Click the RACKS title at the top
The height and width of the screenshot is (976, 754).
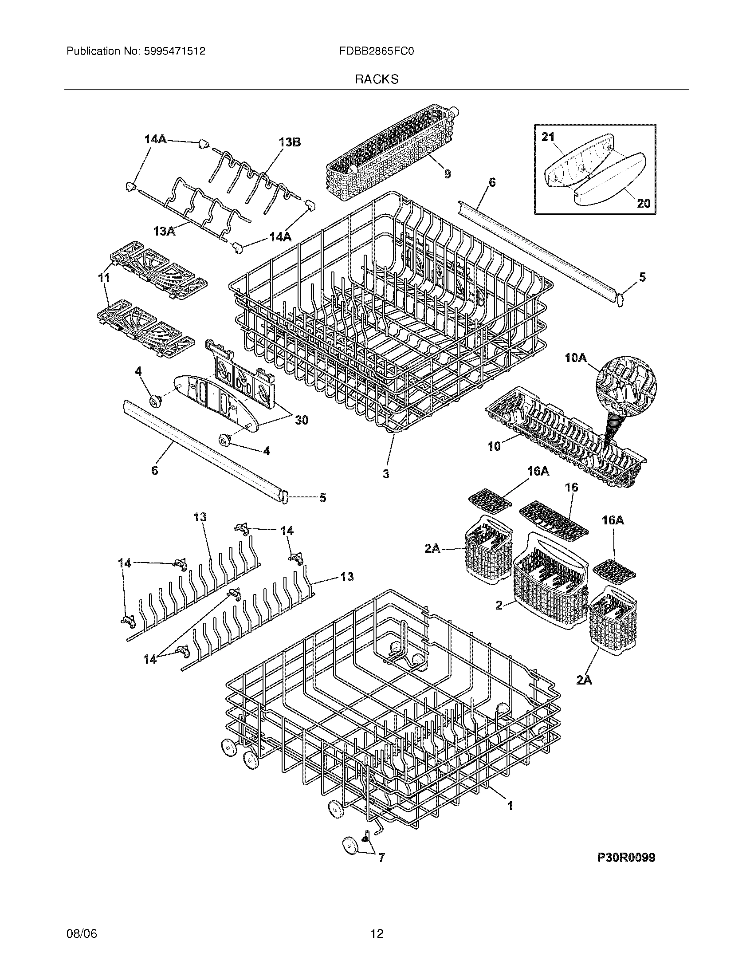point(377,79)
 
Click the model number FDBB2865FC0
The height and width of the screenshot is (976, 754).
point(377,51)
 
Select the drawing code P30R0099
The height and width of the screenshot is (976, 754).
point(626,858)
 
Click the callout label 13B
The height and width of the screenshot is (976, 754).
point(290,142)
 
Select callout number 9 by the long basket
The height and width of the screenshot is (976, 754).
point(447,174)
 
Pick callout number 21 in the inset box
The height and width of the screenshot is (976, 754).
point(548,137)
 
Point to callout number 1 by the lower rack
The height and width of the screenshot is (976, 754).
point(509,805)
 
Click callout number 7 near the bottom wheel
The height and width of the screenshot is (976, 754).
point(381,858)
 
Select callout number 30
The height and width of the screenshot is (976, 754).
point(302,420)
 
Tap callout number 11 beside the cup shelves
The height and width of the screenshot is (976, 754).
point(104,278)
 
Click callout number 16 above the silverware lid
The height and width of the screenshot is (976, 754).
point(571,487)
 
